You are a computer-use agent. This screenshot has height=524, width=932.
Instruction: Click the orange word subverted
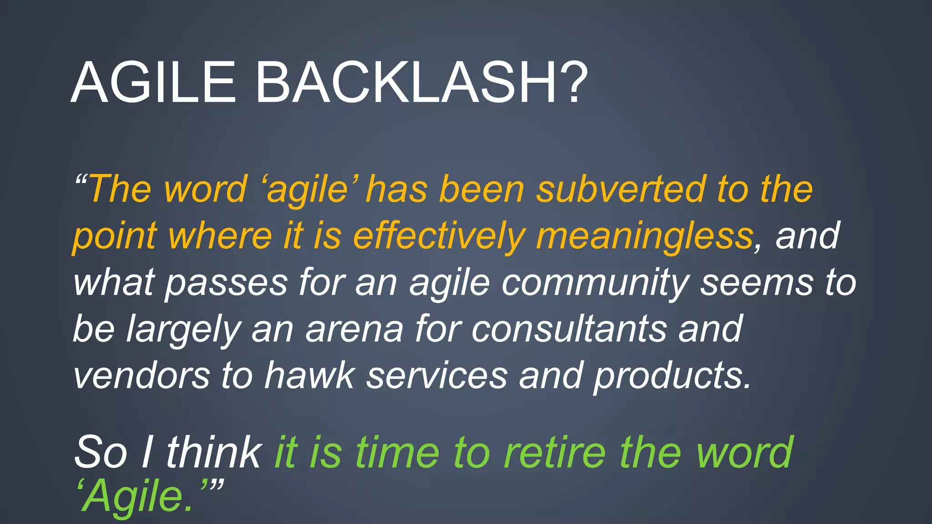coord(621,189)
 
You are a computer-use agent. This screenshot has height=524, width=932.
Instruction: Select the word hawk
coord(309,375)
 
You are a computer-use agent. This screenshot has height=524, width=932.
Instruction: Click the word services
coord(437,375)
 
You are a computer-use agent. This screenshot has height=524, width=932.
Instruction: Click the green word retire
coord(555,453)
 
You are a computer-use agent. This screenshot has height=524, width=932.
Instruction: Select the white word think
coord(213,453)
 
